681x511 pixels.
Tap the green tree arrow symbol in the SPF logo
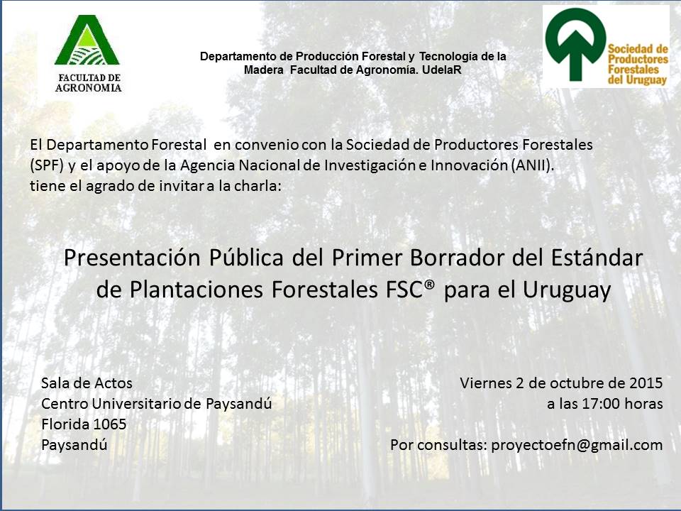pyautogui.click(x=575, y=44)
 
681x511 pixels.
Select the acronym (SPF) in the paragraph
pyautogui.click(x=47, y=165)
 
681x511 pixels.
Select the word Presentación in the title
pyautogui.click(x=132, y=258)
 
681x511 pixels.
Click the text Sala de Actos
pyautogui.click(x=87, y=383)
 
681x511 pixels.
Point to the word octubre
pyautogui.click(x=574, y=383)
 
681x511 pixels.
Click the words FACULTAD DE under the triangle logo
pyautogui.click(x=89, y=78)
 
